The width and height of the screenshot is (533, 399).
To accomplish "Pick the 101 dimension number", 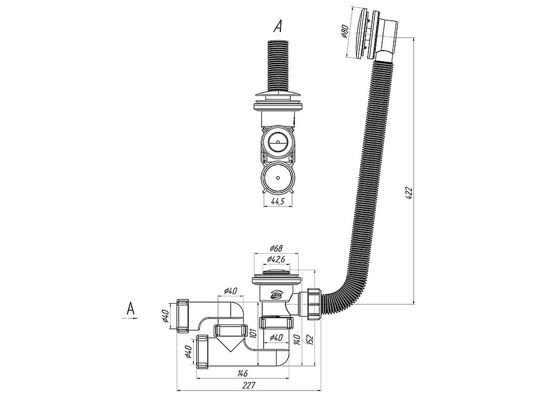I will click(253, 334).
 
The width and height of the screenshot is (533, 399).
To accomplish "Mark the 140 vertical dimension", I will click(297, 339).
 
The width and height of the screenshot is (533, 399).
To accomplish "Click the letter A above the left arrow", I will click(130, 307).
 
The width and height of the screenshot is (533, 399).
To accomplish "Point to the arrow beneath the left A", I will click(130, 319).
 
